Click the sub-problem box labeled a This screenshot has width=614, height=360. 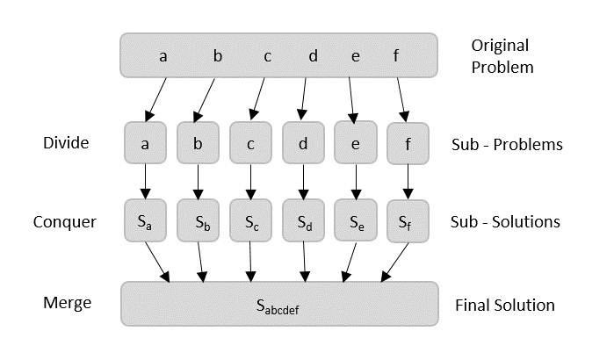(145, 142)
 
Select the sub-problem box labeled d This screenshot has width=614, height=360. (303, 142)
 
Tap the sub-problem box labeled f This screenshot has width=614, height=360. (408, 142)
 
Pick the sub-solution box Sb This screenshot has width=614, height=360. (198, 220)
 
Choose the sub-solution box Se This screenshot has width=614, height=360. (355, 220)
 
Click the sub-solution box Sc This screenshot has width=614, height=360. (250, 220)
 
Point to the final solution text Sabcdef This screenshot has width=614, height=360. (278, 307)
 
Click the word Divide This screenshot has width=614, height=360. (66, 142)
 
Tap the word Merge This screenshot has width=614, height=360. (67, 303)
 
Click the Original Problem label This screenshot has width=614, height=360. (502, 55)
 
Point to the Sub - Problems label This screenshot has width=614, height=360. (506, 144)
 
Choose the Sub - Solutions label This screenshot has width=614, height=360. (505, 221)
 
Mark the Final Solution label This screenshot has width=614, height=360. (504, 306)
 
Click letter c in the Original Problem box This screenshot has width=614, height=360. (267, 56)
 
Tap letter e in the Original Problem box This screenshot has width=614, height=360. (355, 56)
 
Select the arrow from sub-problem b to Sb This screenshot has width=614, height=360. (198, 182)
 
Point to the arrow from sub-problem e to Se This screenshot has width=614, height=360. (355, 182)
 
